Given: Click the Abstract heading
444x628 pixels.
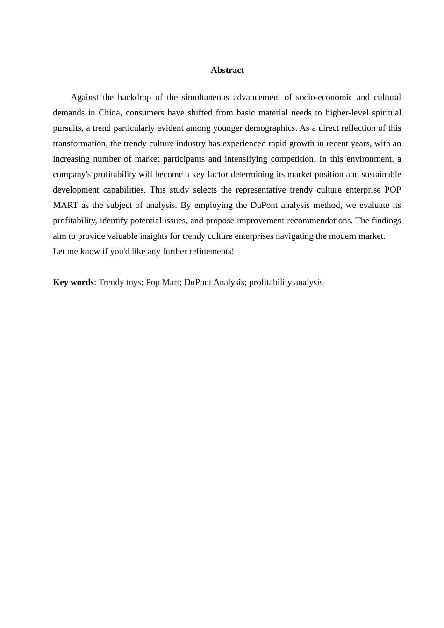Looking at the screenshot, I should [x=227, y=70].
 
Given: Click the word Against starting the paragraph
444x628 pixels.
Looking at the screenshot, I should [x=85, y=97].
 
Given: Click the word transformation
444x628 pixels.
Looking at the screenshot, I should [x=79, y=143].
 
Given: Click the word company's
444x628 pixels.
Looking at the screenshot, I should [x=72, y=174].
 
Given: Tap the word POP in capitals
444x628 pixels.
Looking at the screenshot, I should [x=393, y=190].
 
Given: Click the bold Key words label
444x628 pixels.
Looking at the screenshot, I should [x=73, y=282].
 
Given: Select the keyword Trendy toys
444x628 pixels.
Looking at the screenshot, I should [x=120, y=282].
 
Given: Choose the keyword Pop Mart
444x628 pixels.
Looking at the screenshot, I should [x=163, y=282].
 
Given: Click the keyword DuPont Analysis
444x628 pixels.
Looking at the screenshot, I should [x=214, y=282].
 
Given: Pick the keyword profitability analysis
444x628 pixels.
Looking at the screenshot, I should [x=286, y=282].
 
